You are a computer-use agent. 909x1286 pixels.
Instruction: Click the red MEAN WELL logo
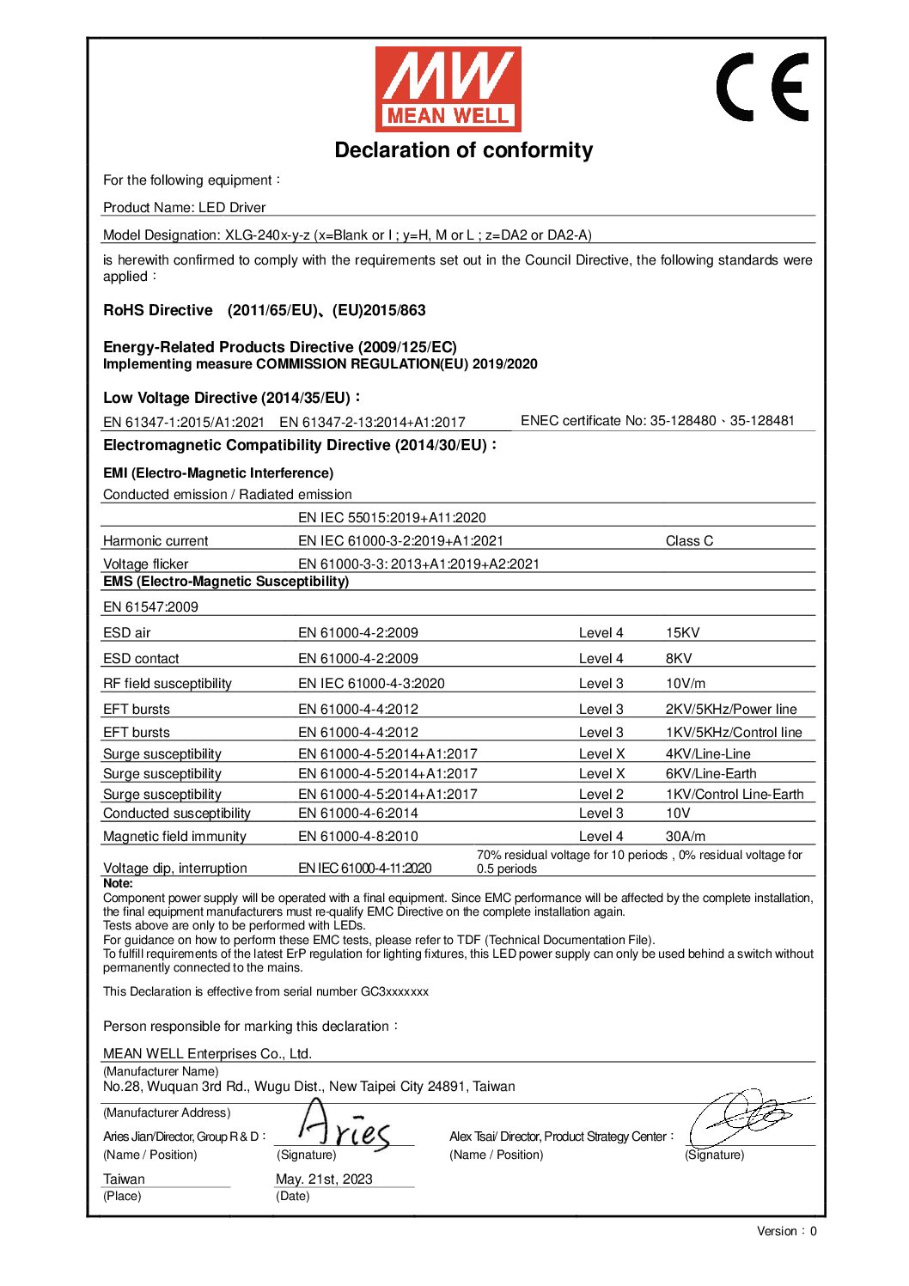coord(448,88)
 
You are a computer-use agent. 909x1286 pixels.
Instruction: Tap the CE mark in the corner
coord(763,87)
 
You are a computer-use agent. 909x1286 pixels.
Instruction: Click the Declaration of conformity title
coord(463,150)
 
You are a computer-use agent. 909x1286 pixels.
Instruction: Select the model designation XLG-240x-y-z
coord(267,235)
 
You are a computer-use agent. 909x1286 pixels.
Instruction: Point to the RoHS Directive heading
coord(158,310)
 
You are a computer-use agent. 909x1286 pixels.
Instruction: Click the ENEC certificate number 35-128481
coord(762,421)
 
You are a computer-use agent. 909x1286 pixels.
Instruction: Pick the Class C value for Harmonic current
coord(689,541)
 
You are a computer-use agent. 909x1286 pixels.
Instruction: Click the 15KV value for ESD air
coord(682,633)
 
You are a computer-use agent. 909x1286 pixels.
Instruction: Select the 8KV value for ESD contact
coord(679,659)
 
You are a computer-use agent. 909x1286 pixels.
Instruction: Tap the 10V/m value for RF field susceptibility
coord(685,684)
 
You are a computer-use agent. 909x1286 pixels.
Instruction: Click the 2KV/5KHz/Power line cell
coord(730,710)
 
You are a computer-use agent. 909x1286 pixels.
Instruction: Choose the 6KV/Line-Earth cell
coord(711,774)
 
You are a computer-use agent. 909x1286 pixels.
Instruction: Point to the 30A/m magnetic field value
coord(685,837)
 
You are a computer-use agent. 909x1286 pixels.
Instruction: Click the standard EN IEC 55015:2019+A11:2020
coord(392,518)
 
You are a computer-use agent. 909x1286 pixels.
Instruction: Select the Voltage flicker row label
coord(145,564)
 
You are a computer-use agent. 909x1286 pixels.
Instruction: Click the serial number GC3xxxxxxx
coord(394,991)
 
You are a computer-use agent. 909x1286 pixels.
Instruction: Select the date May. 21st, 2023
coord(324,1179)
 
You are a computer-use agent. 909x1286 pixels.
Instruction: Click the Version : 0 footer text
coord(786,1231)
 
